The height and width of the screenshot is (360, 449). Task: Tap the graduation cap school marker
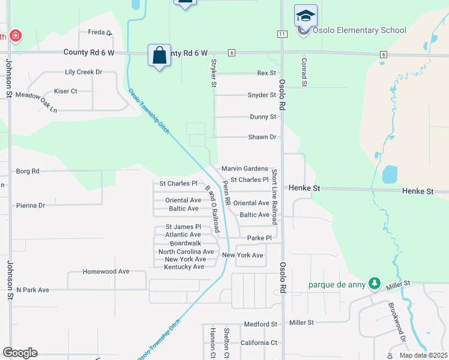click(x=306, y=16)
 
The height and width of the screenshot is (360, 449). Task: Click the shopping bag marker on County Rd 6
click(x=159, y=56)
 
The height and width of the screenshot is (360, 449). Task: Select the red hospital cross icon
click(x=14, y=36)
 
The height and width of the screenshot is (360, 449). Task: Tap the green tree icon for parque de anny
click(x=375, y=283)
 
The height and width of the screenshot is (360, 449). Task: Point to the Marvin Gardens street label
click(x=244, y=169)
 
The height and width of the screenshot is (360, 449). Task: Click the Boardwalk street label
click(x=185, y=243)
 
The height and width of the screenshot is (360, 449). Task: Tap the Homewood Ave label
click(x=106, y=271)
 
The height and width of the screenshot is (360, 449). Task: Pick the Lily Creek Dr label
click(x=83, y=72)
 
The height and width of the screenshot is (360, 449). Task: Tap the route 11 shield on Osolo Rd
click(x=282, y=34)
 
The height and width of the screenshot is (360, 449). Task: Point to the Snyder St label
click(x=262, y=95)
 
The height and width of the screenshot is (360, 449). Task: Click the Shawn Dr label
click(x=262, y=137)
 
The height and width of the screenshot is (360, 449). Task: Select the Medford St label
click(x=260, y=325)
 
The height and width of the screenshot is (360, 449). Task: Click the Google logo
click(x=20, y=353)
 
